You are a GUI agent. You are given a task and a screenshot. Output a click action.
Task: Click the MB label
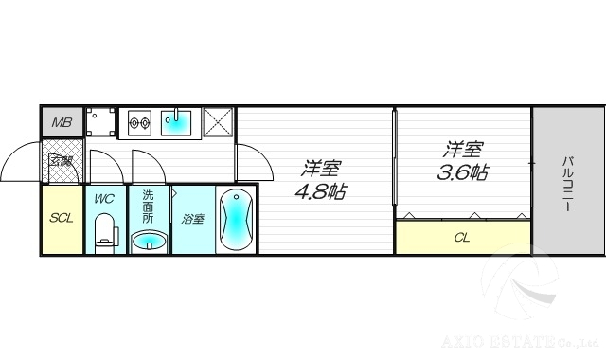click(x=62, y=122)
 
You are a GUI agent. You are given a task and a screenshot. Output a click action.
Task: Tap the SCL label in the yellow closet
click(x=62, y=219)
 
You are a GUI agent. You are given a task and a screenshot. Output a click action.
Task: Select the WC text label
click(x=104, y=199)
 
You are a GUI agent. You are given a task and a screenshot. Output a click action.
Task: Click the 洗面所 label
click(x=148, y=206)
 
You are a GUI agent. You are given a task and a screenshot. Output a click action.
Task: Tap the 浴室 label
click(x=193, y=219)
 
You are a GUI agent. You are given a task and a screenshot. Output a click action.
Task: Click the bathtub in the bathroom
click(x=236, y=221)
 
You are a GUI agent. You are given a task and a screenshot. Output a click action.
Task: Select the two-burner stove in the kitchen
click(x=142, y=122)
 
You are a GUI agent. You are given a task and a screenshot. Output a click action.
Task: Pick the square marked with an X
click(x=218, y=123)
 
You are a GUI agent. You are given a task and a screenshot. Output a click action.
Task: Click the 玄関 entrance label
click(x=62, y=161)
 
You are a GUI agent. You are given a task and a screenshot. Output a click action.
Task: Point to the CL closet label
click(x=462, y=238)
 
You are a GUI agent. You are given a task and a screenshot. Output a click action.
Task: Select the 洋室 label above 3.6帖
click(x=463, y=150)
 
